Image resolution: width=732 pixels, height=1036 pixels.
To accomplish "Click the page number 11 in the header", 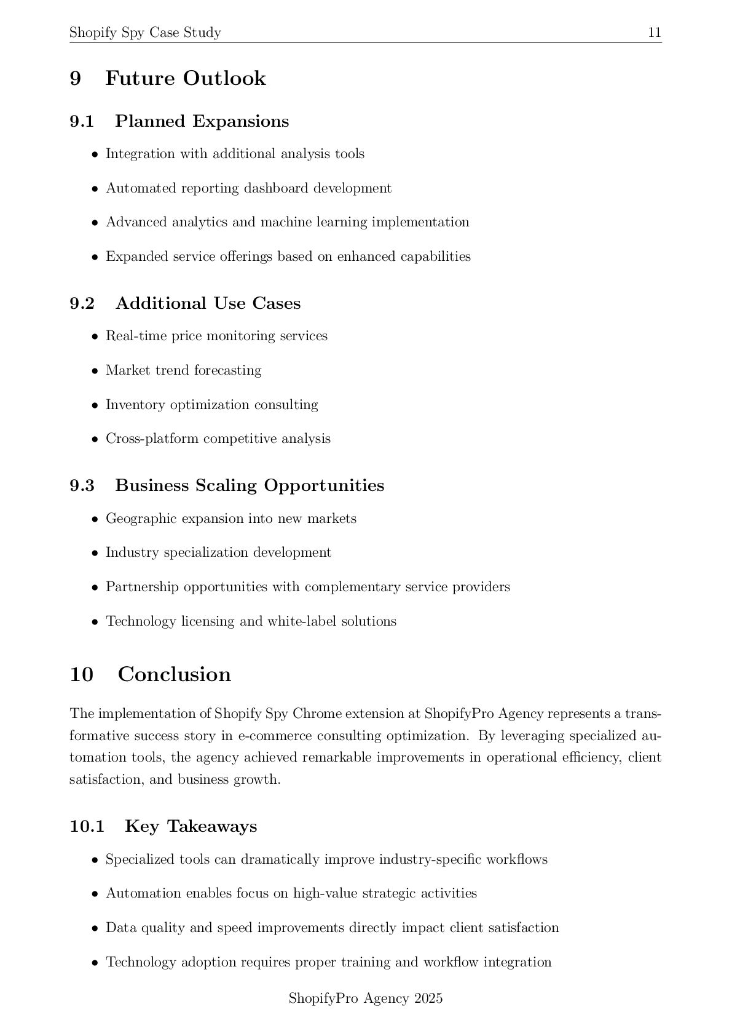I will [655, 33].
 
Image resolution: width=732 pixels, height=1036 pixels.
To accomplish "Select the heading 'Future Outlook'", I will [185, 79].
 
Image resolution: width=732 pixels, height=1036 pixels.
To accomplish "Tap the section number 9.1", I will [82, 121].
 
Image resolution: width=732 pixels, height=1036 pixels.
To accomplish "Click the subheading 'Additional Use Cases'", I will [208, 303].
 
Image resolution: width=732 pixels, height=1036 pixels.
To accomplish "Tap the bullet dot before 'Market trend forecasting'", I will [95, 371].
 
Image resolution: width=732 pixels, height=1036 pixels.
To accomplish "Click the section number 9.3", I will [82, 485].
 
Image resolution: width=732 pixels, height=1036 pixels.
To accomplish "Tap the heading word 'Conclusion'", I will [174, 674].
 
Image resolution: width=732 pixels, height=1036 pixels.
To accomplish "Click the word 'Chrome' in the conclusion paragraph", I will [317, 714].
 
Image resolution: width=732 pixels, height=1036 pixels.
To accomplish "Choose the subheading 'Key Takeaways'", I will [191, 826].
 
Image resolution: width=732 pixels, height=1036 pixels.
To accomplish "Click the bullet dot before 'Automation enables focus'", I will [95, 894].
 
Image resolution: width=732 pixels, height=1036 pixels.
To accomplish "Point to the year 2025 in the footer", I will [428, 998].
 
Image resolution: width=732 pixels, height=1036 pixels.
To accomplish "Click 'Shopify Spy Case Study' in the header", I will [145, 33].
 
